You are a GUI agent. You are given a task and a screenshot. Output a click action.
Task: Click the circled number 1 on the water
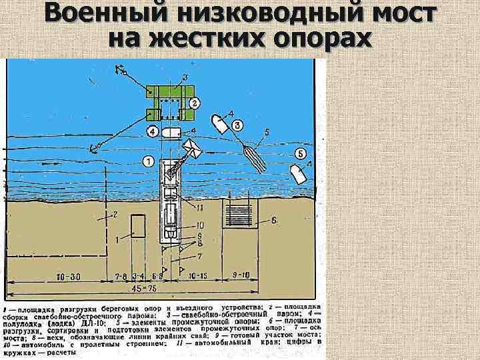pyautogui.click(x=147, y=161)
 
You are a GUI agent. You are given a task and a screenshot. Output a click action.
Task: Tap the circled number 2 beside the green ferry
pyautogui.click(x=194, y=103)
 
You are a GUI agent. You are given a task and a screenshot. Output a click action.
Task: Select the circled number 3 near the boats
pyautogui.click(x=236, y=125)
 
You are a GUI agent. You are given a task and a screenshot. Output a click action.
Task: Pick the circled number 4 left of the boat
pyautogui.click(x=153, y=131)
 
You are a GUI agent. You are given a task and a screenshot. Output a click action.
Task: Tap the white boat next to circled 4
pyautogui.click(x=172, y=132)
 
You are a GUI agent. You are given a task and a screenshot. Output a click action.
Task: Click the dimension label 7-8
pyautogui.click(x=121, y=275)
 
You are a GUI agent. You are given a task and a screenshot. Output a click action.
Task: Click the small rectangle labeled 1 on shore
pyautogui.click(x=139, y=225)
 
